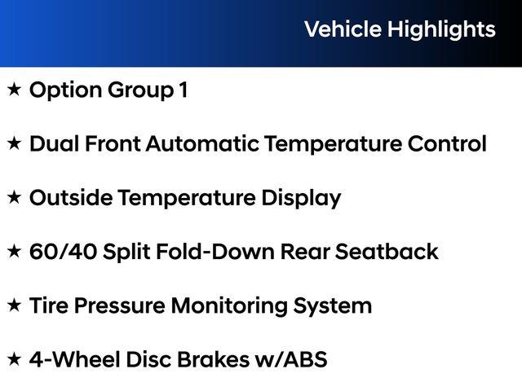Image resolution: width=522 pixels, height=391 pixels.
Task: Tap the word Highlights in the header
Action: pyautogui.click(x=441, y=30)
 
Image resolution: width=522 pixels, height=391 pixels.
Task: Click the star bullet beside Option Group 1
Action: pyautogui.click(x=14, y=90)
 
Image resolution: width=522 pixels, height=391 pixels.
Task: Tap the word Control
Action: pyautogui.click(x=447, y=144)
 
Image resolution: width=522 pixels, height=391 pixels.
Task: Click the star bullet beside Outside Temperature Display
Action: pyautogui.click(x=14, y=197)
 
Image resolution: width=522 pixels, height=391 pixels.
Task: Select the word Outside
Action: pyautogui.click(x=71, y=198)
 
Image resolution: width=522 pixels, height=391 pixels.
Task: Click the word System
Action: pyautogui.click(x=336, y=306)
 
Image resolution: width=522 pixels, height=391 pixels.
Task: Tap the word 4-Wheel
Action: pyautogui.click(x=72, y=359)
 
